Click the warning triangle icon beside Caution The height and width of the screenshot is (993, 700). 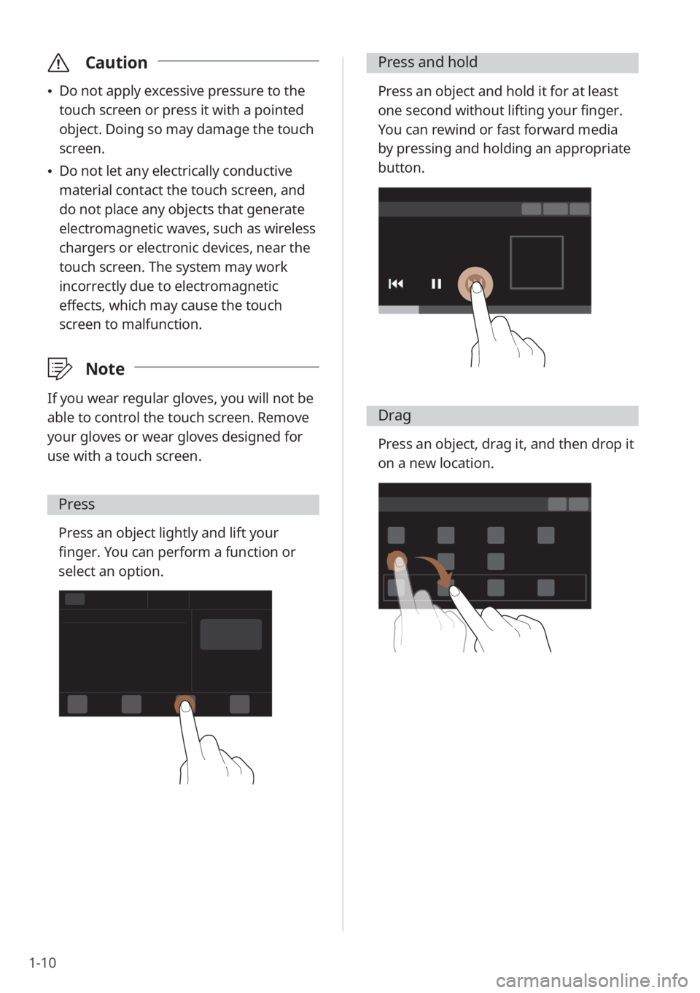pyautogui.click(x=58, y=63)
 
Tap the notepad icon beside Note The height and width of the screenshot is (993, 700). pyautogui.click(x=59, y=368)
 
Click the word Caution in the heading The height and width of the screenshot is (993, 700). pyautogui.click(x=116, y=63)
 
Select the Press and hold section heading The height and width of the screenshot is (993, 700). pyautogui.click(x=428, y=62)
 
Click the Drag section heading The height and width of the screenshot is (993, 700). pyautogui.click(x=394, y=416)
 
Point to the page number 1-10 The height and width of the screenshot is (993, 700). pyautogui.click(x=42, y=962)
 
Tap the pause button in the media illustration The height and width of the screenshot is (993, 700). pyautogui.click(x=436, y=284)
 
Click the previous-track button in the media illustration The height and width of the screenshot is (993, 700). pyautogui.click(x=396, y=284)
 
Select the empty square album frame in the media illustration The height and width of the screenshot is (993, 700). pyautogui.click(x=537, y=237)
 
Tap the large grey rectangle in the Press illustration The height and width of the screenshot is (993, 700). pyautogui.click(x=230, y=634)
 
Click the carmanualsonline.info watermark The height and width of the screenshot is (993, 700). pyautogui.click(x=592, y=981)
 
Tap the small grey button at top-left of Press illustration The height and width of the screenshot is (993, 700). pyautogui.click(x=74, y=599)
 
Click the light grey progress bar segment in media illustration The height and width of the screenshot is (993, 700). pyautogui.click(x=398, y=309)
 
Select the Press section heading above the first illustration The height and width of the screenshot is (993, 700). pyautogui.click(x=77, y=504)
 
